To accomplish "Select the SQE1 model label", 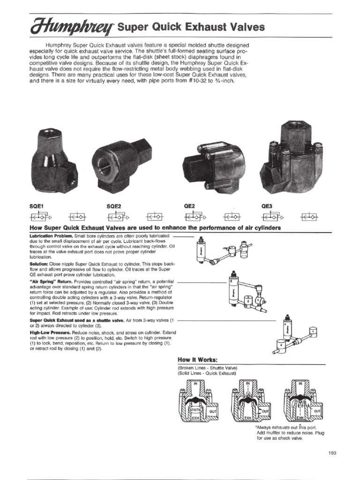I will tap(36, 206).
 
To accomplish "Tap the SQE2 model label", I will tap(114, 206).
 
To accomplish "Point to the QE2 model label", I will tap(189, 206).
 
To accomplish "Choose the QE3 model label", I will tap(268, 206).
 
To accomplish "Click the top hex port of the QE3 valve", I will tap(294, 129).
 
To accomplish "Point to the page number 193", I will tap(333, 452).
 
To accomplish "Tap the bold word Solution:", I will tap(38, 264).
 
